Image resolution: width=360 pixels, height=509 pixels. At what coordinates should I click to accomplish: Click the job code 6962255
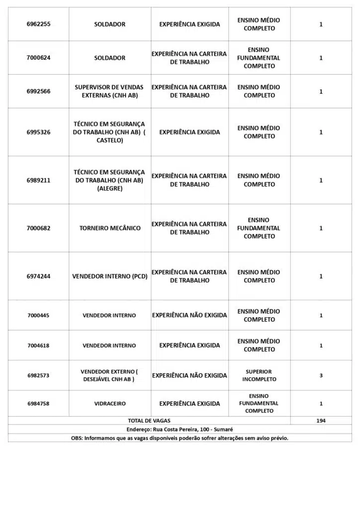pyautogui.click(x=38, y=24)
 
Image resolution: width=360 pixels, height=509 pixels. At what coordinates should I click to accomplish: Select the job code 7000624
pyautogui.click(x=38, y=58)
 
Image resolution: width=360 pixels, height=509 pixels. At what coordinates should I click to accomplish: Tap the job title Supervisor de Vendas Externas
pyautogui.click(x=110, y=91)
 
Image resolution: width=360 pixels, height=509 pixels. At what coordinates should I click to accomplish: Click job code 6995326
pyautogui.click(x=38, y=132)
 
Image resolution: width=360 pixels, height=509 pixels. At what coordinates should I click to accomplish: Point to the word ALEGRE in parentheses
pyautogui.click(x=110, y=189)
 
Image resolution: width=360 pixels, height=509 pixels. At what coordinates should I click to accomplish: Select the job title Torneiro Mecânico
pyautogui.click(x=110, y=228)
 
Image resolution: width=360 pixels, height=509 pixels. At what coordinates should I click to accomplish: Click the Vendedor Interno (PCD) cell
pyautogui.click(x=110, y=276)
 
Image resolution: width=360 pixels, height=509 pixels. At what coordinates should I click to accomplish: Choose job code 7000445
pyautogui.click(x=38, y=316)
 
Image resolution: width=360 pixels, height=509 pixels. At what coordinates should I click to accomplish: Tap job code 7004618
pyautogui.click(x=38, y=345)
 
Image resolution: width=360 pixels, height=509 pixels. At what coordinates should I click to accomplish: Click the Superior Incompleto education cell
pyautogui.click(x=259, y=375)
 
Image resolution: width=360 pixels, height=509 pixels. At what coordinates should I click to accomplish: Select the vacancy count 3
pyautogui.click(x=321, y=375)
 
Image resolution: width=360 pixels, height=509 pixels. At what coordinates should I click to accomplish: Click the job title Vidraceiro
pyautogui.click(x=110, y=404)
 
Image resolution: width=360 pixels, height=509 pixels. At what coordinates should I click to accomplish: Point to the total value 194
pyautogui.click(x=321, y=421)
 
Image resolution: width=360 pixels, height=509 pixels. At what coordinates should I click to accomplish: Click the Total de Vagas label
pyautogui.click(x=149, y=421)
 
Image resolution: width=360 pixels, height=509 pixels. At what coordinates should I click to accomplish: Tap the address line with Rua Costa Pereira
pyautogui.click(x=180, y=429)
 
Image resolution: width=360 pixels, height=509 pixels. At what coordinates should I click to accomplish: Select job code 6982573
pyautogui.click(x=38, y=375)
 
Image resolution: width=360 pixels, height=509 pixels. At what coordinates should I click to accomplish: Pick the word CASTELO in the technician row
pyautogui.click(x=110, y=141)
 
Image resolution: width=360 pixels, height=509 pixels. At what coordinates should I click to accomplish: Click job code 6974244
pyautogui.click(x=38, y=276)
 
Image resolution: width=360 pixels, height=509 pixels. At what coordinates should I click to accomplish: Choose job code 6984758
pyautogui.click(x=38, y=404)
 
